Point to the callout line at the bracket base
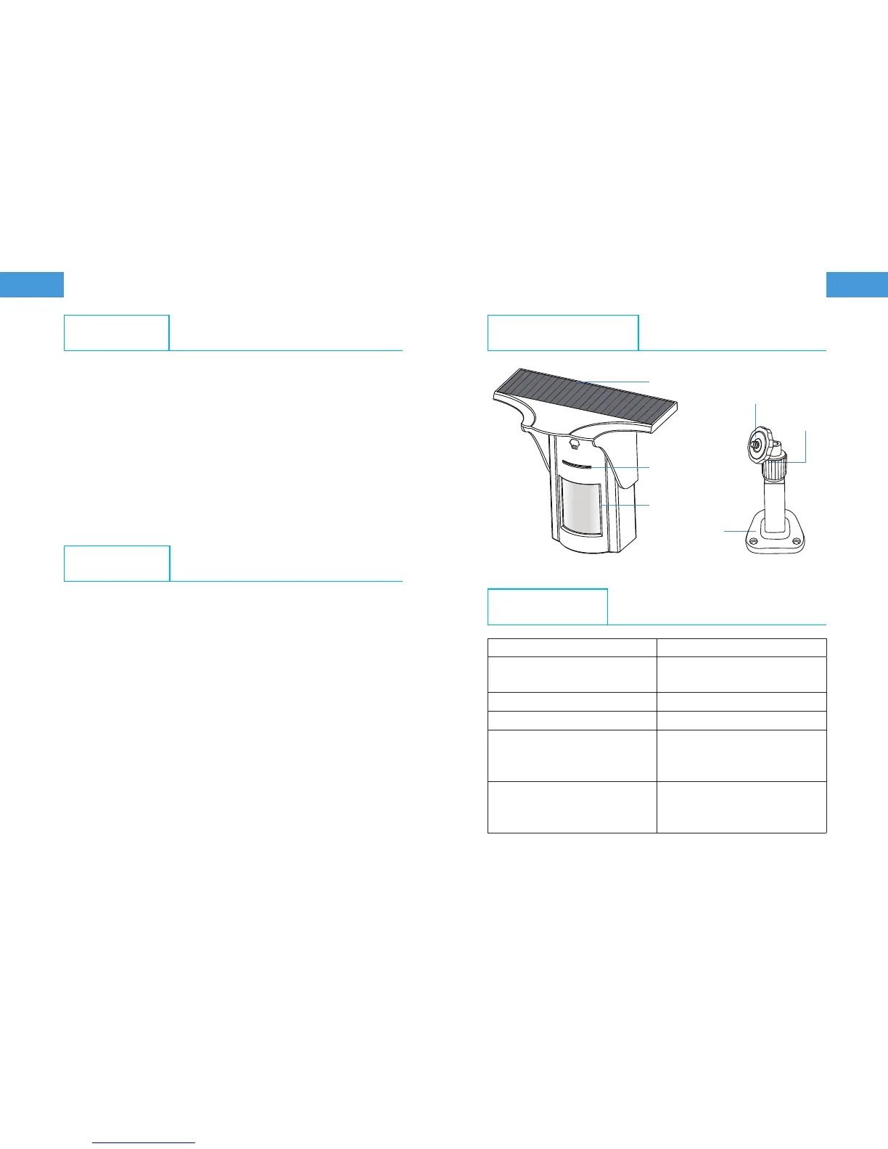point(733,532)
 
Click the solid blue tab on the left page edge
point(32,284)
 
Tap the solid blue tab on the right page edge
point(858,284)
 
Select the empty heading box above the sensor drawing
point(563,332)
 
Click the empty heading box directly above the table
point(547,606)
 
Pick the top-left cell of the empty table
point(572,648)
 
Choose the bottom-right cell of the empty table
point(741,807)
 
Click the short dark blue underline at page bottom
point(145,1142)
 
